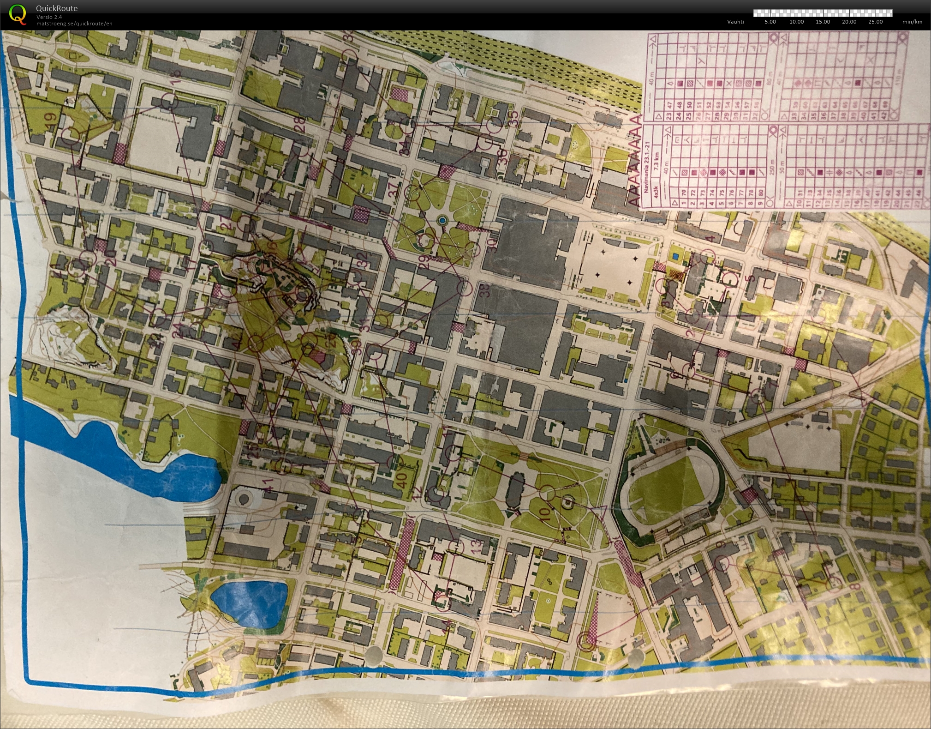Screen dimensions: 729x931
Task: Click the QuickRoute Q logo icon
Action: pos(18,13)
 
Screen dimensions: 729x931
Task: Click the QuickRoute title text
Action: pos(57,8)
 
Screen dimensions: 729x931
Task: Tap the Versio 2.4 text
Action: pos(49,17)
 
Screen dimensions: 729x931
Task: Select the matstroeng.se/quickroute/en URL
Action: pos(74,24)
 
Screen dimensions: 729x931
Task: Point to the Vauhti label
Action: pos(735,22)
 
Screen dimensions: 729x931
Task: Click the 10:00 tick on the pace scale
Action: pos(796,22)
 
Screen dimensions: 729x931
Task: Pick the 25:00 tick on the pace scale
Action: pos(875,22)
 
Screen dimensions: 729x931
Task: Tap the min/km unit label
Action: pos(912,22)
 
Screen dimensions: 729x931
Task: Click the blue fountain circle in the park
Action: pos(442,221)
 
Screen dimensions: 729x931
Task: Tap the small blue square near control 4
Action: pos(676,255)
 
